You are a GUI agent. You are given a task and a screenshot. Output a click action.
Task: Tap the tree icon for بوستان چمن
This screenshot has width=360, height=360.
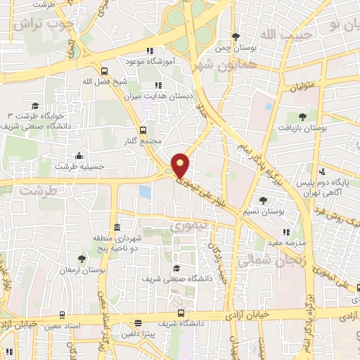[236, 37]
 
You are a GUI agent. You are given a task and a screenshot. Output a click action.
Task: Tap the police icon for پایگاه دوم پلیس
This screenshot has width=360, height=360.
[322, 172]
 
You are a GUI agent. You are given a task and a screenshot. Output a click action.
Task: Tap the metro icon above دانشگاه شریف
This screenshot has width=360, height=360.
[181, 313]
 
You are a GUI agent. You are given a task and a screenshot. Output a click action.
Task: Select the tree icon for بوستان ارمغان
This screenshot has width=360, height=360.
[82, 258]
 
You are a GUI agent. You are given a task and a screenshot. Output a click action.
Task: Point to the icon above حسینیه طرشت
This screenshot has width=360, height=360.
[79, 155]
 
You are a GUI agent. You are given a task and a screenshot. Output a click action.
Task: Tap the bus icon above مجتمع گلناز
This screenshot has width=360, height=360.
[143, 129]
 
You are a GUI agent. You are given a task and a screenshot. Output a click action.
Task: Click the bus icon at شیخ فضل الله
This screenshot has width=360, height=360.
[105, 70]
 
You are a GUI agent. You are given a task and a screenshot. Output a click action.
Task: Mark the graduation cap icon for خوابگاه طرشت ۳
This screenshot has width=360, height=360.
[34, 105]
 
